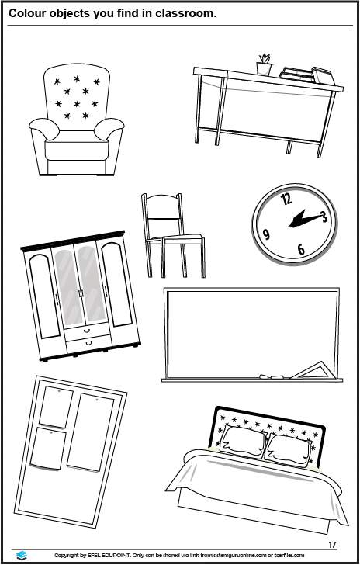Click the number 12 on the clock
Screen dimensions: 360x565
coord(286,199)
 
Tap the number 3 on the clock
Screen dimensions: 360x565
coord(324,217)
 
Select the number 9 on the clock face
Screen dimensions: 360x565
coord(266,234)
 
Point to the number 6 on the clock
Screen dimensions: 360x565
coord(301,249)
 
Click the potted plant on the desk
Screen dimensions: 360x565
coord(264,64)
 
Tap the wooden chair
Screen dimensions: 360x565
coord(173,235)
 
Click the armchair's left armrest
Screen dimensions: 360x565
coord(44,128)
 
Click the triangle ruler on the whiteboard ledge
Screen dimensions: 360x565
coord(313,371)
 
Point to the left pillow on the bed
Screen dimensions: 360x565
coord(242,442)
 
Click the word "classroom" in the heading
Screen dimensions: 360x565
coord(185,14)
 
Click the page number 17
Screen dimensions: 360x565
coord(332,545)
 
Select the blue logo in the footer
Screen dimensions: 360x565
coord(22,555)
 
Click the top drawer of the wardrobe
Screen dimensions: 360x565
coord(87,329)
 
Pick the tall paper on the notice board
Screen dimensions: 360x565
coord(90,432)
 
